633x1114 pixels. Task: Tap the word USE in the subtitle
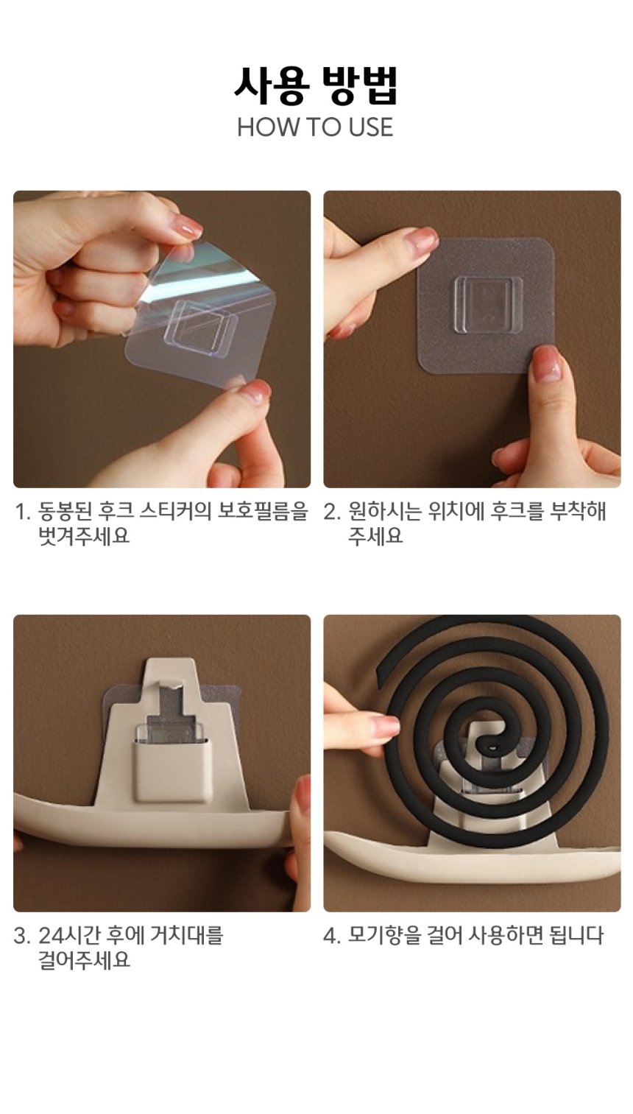click(370, 127)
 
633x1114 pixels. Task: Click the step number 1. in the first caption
click(24, 512)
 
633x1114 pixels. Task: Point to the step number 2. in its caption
click(332, 512)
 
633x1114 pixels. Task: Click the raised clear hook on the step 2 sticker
click(488, 304)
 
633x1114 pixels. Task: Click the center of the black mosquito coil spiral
click(492, 746)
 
